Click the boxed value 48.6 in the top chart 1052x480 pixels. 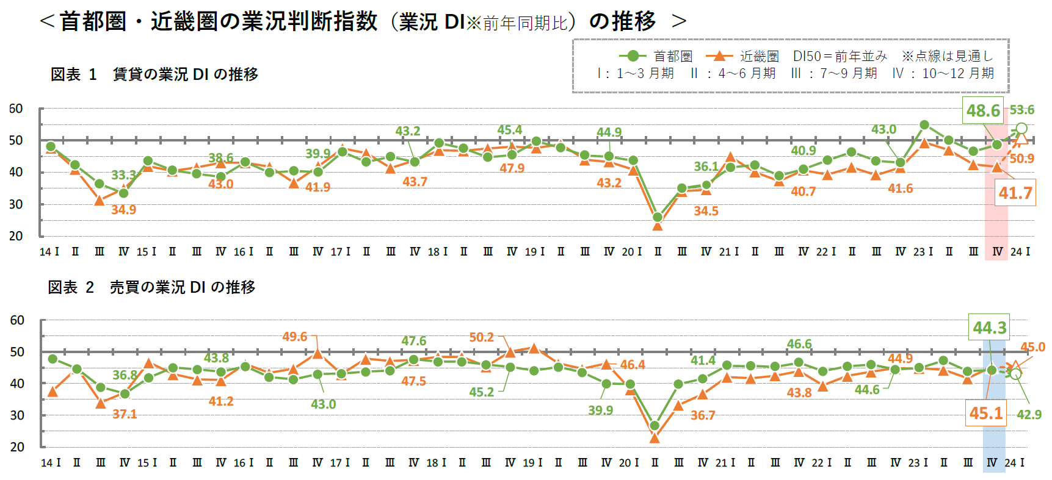[x=983, y=110]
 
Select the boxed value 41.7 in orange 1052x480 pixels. [x=1015, y=193]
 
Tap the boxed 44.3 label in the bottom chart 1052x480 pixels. [x=989, y=328]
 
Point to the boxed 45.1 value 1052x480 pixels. [x=986, y=414]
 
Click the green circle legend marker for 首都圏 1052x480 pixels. [x=633, y=56]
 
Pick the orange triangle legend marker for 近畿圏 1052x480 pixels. [x=719, y=56]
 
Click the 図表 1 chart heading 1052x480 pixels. [x=154, y=74]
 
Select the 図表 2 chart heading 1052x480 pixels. [x=151, y=287]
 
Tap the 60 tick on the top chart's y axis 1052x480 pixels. [x=16, y=109]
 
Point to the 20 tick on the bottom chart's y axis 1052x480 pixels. [x=17, y=446]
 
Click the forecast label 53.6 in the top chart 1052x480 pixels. [x=1021, y=110]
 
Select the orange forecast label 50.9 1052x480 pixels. [x=1021, y=159]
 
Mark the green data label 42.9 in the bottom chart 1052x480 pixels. [x=1029, y=415]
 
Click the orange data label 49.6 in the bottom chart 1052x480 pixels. [x=295, y=337]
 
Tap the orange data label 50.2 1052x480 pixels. [x=482, y=337]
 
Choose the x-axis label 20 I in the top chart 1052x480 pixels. [x=632, y=252]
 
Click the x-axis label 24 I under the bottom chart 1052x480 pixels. [x=1014, y=463]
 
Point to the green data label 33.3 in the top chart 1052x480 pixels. [x=124, y=175]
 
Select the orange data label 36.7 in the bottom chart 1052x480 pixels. [x=703, y=415]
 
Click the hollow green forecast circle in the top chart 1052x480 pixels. [x=1021, y=129]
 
